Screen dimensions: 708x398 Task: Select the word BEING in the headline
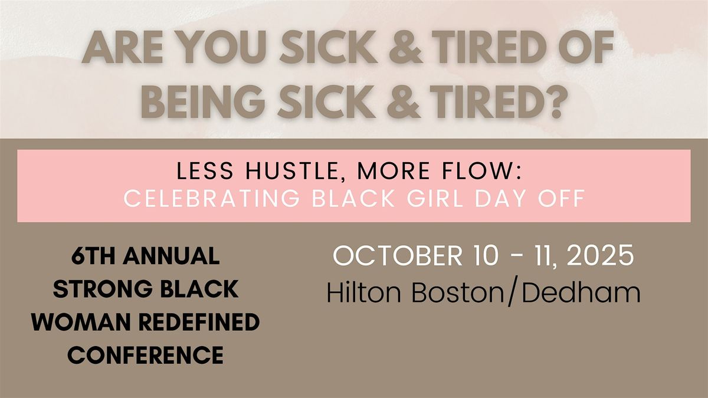coord(202,101)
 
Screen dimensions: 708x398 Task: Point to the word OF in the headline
coord(586,48)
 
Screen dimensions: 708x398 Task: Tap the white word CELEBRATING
coord(211,198)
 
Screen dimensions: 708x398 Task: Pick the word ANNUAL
coord(171,256)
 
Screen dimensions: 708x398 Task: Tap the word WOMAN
coord(81,322)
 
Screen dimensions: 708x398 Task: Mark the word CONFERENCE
coord(145,355)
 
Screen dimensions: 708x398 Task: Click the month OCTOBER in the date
coord(398,255)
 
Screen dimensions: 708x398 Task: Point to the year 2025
coord(600,255)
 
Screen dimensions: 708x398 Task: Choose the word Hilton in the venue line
coord(364,292)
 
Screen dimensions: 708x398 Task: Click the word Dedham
coord(581,292)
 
